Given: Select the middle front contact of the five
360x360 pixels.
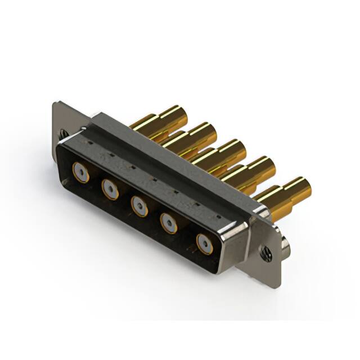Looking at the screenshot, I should click(139, 205).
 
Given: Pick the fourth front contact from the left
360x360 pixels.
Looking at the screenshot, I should click(169, 223).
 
